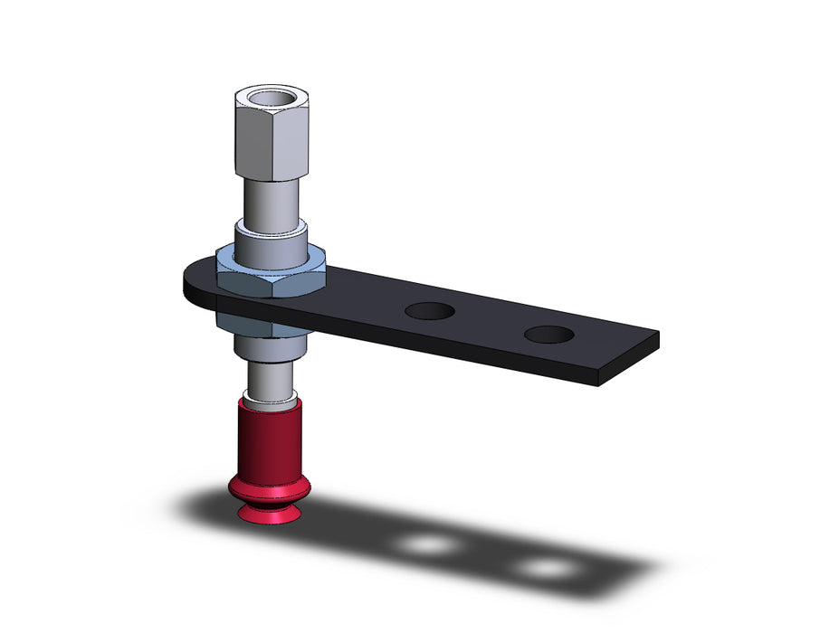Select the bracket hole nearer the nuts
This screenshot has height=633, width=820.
(429, 311)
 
